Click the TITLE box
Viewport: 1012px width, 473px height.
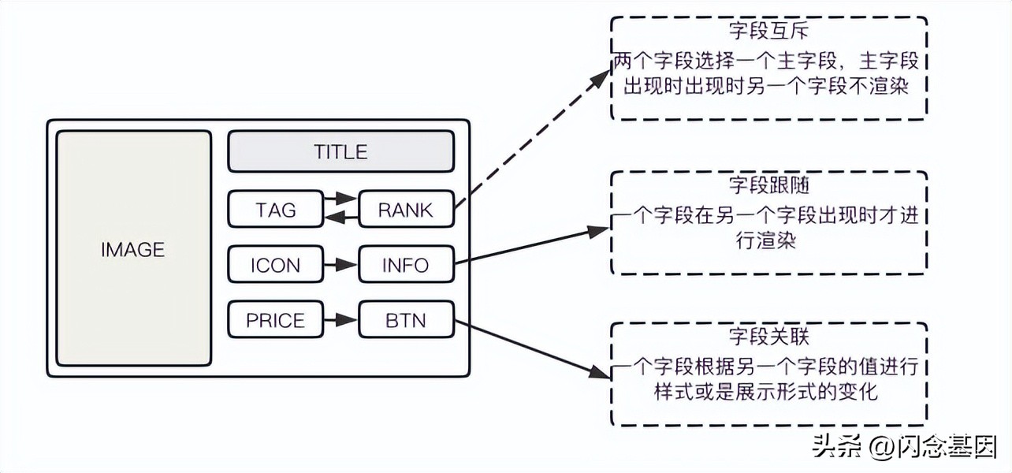[x=340, y=151]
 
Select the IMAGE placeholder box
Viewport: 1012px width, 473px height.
[x=133, y=249]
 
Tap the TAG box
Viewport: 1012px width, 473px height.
[x=275, y=210]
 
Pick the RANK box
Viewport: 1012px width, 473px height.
[x=406, y=210]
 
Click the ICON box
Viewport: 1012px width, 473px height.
[x=275, y=265]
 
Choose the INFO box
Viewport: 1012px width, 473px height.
[x=406, y=265]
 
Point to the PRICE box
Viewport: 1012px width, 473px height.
[x=275, y=320]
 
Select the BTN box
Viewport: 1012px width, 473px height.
[x=406, y=320]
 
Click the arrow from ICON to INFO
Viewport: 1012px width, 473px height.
[x=340, y=266]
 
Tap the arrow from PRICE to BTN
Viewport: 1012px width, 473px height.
[x=340, y=321]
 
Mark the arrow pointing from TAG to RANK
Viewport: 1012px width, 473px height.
[x=340, y=199]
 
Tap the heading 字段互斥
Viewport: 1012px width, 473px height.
[x=769, y=34]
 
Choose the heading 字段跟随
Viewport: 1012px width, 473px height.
[x=769, y=187]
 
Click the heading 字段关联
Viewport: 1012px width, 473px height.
[x=769, y=337]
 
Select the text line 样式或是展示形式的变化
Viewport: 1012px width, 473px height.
[x=766, y=390]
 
